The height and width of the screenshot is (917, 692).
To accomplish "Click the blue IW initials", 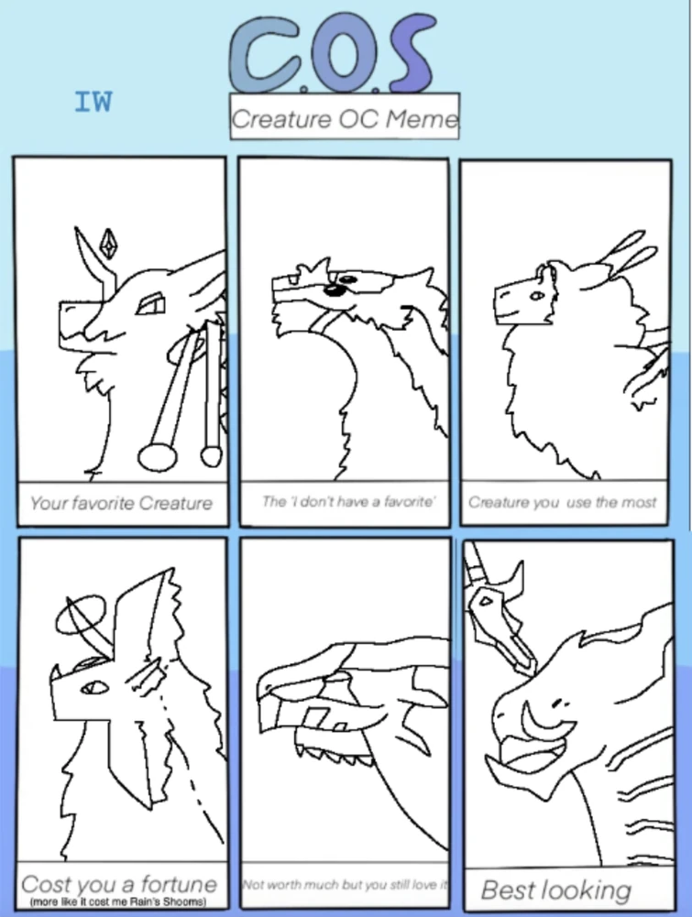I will click(x=93, y=102).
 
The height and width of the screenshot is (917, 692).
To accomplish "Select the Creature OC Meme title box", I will click(x=344, y=118).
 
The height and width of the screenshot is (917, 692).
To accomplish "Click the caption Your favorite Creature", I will click(x=121, y=503).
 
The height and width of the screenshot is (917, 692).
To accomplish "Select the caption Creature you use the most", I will click(x=563, y=502).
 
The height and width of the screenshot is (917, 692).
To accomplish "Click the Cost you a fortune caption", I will click(x=119, y=885).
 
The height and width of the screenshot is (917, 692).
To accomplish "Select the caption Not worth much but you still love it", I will click(x=344, y=885).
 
